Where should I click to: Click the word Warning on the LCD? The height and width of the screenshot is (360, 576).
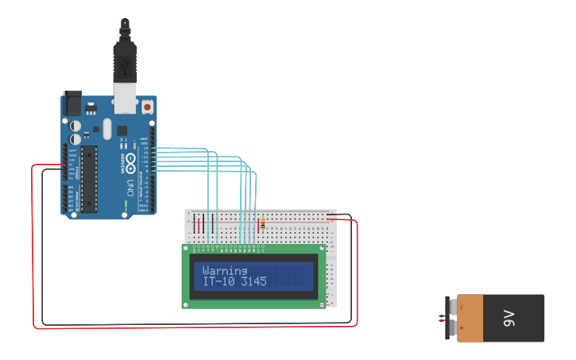[x=225, y=270]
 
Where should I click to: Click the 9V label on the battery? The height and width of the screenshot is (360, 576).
[x=508, y=319]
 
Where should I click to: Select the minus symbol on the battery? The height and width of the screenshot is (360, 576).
[x=461, y=307]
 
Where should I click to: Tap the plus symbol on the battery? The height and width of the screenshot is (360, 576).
[x=461, y=327]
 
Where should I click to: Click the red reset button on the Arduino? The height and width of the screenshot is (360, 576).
[x=147, y=106]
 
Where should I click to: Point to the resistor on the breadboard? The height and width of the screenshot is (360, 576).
[x=263, y=224]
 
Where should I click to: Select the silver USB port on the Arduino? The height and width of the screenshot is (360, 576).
[x=125, y=98]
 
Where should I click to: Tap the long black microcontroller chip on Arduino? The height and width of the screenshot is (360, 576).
[x=89, y=180]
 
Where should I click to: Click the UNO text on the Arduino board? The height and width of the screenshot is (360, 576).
[x=130, y=188]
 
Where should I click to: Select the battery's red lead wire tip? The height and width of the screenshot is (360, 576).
[x=439, y=319]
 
